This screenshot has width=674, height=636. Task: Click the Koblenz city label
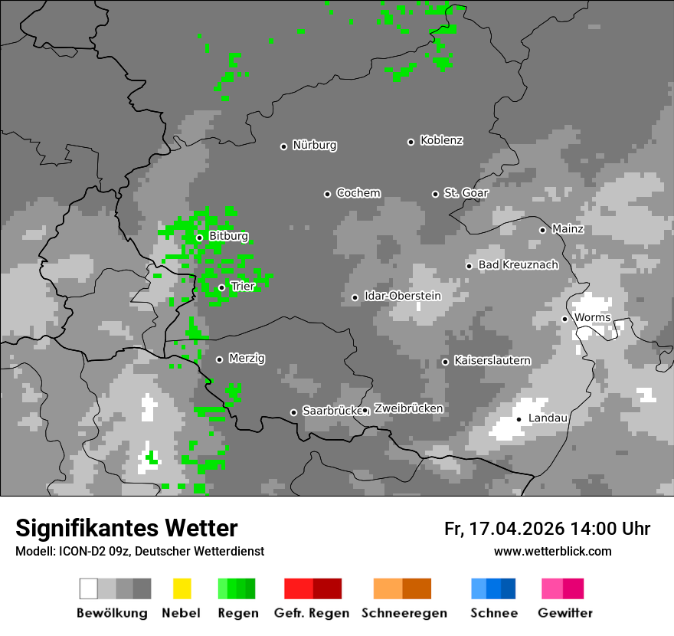click(x=441, y=140)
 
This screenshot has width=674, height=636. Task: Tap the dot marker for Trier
click(x=221, y=287)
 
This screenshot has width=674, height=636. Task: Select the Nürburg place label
click(x=314, y=145)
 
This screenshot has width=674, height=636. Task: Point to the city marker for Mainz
click(x=542, y=230)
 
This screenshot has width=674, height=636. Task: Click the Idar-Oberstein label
click(x=402, y=296)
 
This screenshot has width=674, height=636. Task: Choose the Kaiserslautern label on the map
click(x=492, y=360)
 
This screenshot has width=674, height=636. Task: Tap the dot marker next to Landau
click(x=519, y=419)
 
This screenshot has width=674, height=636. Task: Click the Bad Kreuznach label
click(x=518, y=265)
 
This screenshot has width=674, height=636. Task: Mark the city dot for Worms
click(x=564, y=319)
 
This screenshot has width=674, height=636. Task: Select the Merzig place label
click(x=247, y=358)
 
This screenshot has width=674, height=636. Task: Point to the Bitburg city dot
click(x=199, y=238)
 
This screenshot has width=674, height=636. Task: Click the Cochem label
click(x=358, y=193)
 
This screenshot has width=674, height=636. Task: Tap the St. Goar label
click(x=466, y=193)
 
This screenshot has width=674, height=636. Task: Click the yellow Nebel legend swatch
click(x=182, y=588)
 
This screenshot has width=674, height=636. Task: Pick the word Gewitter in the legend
click(x=564, y=613)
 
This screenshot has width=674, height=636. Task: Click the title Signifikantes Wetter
click(x=126, y=528)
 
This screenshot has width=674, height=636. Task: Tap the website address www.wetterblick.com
click(x=552, y=552)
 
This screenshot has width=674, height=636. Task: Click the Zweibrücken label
click(x=408, y=408)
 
